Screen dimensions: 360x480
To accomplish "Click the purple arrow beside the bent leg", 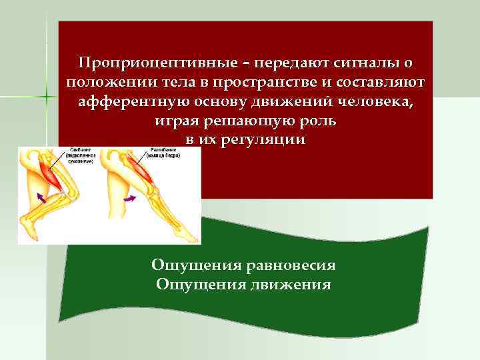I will pos(41,197).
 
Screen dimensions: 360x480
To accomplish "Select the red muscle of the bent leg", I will pos(53,175).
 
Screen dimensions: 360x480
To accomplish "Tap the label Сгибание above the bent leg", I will pos(81,152).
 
